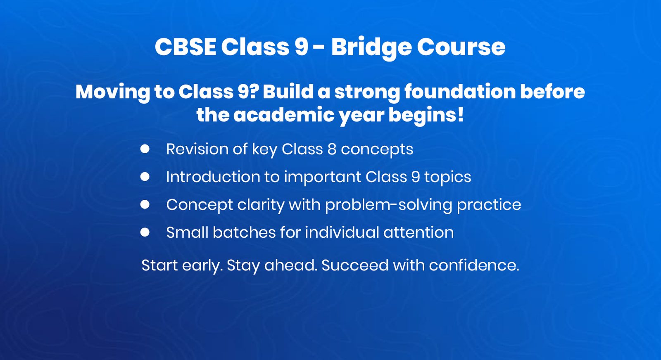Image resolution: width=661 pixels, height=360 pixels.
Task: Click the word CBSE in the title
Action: [185, 47]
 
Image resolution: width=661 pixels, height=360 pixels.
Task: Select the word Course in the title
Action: [461, 47]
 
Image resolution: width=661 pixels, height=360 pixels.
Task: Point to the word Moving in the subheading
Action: [112, 92]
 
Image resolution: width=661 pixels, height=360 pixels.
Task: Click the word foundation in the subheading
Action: [459, 92]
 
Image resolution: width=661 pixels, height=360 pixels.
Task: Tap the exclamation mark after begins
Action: [460, 115]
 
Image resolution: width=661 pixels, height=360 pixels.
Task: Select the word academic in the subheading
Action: [284, 115]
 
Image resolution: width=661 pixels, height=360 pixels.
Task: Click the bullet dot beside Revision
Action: [145, 149]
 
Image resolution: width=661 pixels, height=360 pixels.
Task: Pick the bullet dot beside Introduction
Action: [145, 177]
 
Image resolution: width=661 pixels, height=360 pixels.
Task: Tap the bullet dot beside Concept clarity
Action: [145, 204]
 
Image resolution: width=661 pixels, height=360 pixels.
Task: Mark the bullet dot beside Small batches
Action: [145, 232]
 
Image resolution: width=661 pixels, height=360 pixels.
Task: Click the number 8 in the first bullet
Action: [332, 149]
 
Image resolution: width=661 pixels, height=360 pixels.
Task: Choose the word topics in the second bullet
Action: [447, 177]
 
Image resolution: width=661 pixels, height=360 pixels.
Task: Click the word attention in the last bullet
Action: [418, 232]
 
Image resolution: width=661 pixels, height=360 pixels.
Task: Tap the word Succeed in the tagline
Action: [355, 265]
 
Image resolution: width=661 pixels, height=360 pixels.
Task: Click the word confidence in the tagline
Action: [473, 265]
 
